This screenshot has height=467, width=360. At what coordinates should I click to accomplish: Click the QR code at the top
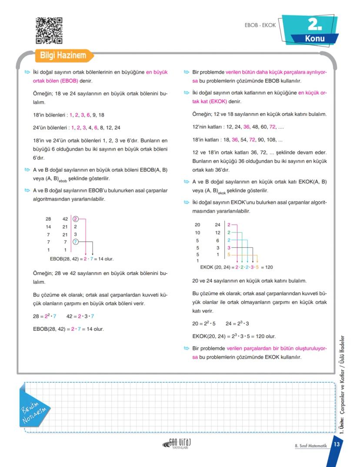[x=49, y=30]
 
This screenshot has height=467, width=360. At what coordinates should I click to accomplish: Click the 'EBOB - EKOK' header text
[x=260, y=25]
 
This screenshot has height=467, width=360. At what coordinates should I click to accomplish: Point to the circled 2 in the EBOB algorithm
[x=76, y=219]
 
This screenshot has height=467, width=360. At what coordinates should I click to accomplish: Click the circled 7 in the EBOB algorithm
[x=76, y=242]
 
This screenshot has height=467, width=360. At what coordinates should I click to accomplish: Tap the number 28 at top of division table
[x=48, y=219]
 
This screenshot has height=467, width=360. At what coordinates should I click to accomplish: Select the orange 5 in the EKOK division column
[x=229, y=254]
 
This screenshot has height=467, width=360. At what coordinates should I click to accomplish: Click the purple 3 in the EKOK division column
[x=229, y=247]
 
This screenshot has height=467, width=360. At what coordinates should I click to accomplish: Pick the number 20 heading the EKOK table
[x=197, y=225]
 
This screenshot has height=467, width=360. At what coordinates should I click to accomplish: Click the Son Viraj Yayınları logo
[x=178, y=443]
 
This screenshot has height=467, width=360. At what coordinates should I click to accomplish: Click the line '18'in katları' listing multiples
[x=237, y=140]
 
